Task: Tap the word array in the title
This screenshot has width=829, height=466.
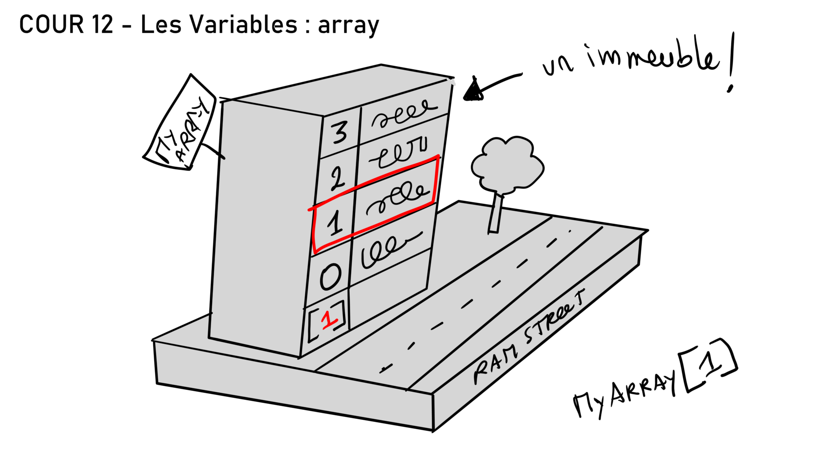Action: (x=348, y=26)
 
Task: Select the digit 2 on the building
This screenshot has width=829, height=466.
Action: (x=337, y=178)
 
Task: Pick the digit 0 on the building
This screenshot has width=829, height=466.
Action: (x=330, y=276)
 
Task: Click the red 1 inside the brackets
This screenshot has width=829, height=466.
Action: (x=329, y=319)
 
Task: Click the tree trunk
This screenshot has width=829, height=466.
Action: (x=496, y=214)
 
